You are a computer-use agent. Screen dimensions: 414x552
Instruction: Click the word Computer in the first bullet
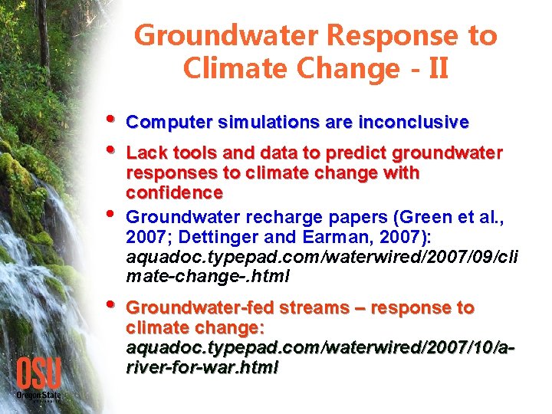click(x=169, y=123)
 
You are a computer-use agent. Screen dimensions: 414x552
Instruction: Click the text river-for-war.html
click(x=202, y=368)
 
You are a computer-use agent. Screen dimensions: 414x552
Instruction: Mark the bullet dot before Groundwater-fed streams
click(x=113, y=306)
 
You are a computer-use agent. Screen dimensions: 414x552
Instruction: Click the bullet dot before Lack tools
click(x=113, y=151)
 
